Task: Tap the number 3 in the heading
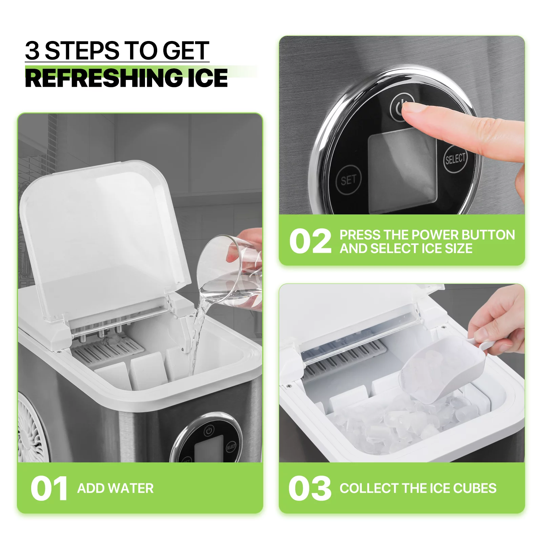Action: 32,51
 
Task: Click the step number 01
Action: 49,488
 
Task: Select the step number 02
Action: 310,241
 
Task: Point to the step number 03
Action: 310,488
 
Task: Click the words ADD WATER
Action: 116,488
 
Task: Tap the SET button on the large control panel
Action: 349,180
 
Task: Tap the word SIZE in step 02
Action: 459,249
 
